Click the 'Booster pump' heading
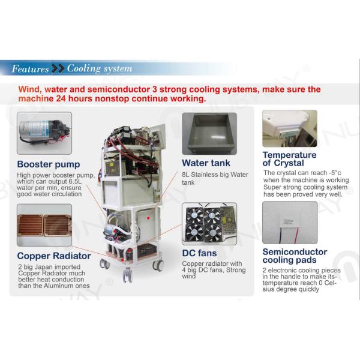click(x=49, y=164)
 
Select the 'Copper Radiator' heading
click(x=54, y=256)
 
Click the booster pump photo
click(x=44, y=133)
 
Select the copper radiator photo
click(x=44, y=225)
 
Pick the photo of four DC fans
click(x=209, y=224)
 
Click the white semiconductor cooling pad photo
click(x=290, y=222)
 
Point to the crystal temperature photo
click(x=290, y=128)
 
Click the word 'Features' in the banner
click(x=31, y=68)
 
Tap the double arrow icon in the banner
click(x=58, y=68)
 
